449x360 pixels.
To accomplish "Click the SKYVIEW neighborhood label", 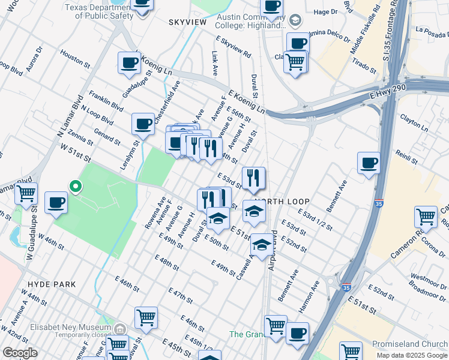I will pos(187,22).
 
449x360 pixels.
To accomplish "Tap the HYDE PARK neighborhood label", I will pos(51,284).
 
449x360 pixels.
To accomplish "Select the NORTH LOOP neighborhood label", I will pos(277,202).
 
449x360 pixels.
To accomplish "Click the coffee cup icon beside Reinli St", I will pos(369,163).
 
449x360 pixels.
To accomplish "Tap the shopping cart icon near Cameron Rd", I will pos(426,217).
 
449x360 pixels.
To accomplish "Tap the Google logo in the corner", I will pos(20,353).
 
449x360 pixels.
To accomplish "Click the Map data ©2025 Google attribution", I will pos(412,355).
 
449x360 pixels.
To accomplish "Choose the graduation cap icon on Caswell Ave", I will pos(261,244).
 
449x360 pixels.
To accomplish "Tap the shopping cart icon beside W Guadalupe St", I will pos(26,194).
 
